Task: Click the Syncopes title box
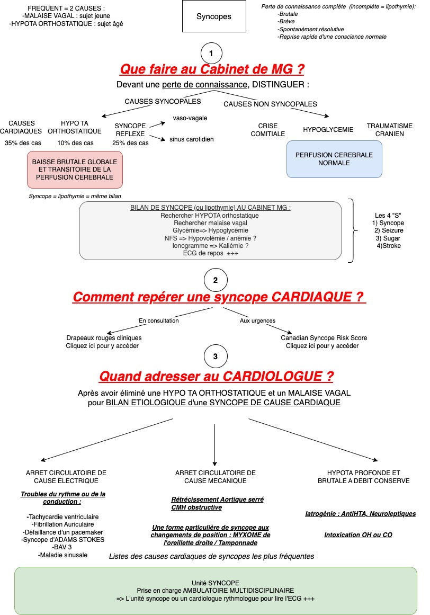(x=214, y=16)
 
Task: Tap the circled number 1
(x=211, y=54)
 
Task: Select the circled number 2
(x=216, y=280)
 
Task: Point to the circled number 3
(x=216, y=356)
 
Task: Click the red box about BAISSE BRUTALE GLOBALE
(x=75, y=170)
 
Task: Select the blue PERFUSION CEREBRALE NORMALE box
(x=334, y=159)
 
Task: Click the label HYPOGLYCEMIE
(x=328, y=129)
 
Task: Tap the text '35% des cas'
(x=23, y=143)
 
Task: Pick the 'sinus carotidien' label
(x=192, y=139)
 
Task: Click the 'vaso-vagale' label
(x=190, y=118)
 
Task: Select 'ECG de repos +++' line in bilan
(x=210, y=253)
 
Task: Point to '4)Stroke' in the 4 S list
(x=389, y=246)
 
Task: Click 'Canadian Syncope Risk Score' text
(x=324, y=338)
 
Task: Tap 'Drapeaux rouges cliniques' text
(x=104, y=338)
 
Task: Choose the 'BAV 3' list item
(x=62, y=547)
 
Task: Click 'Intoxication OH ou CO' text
(x=359, y=535)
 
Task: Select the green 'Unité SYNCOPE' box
(x=216, y=591)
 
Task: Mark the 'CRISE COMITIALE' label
(x=268, y=130)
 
